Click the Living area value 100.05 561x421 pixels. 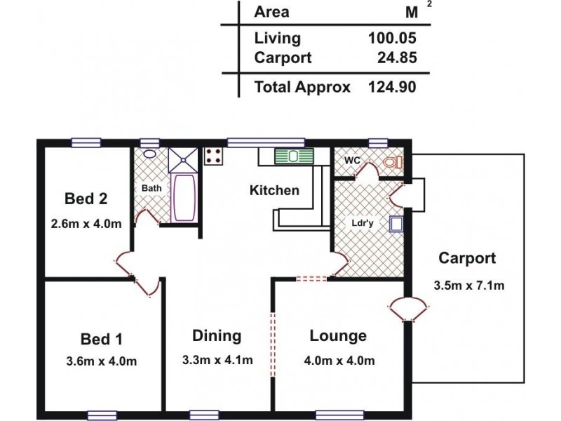(393, 39)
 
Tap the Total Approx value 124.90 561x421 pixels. (393, 88)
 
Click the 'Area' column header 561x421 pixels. (271, 12)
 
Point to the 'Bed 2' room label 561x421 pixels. (86, 199)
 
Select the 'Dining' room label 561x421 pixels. (217, 335)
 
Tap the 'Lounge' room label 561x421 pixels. (338, 335)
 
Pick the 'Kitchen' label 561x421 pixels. (275, 190)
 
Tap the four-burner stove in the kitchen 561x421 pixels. (214, 156)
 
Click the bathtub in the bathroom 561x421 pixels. (184, 199)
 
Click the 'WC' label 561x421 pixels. (352, 161)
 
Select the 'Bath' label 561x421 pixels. (151, 189)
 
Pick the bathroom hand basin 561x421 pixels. (149, 154)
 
